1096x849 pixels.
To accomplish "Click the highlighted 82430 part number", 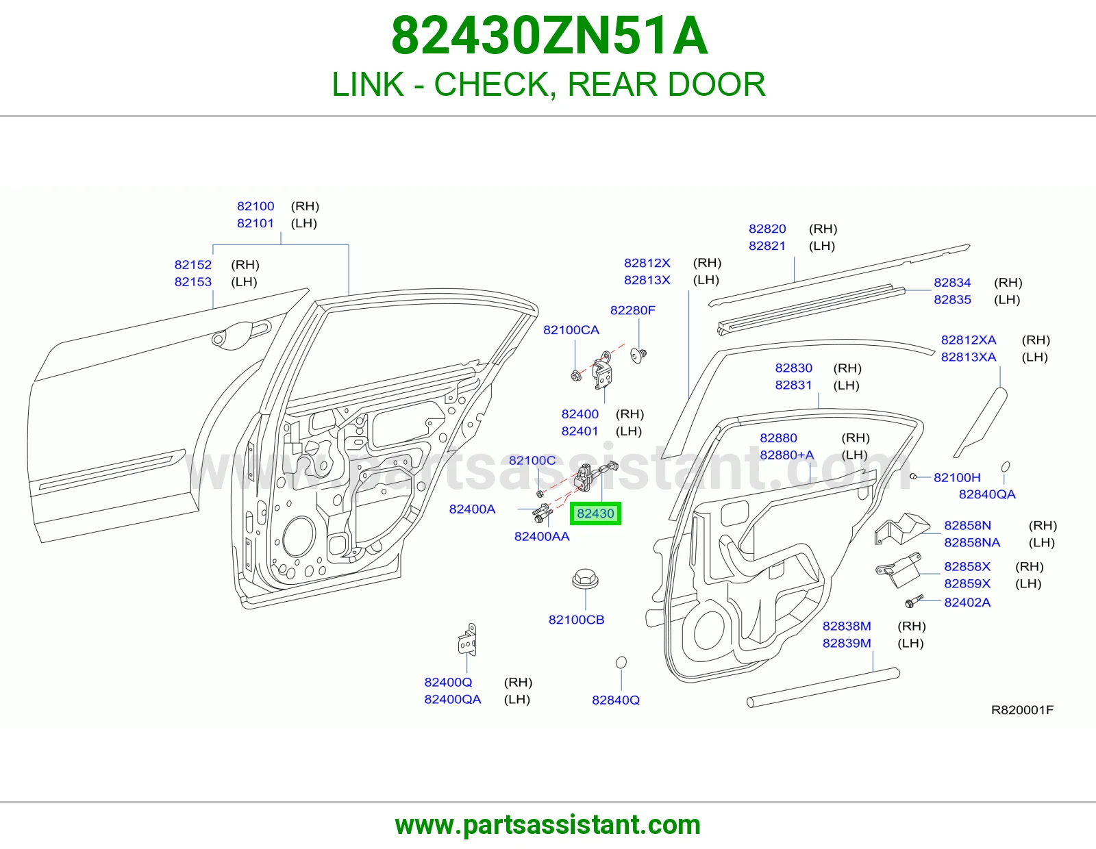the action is pyautogui.click(x=595, y=514).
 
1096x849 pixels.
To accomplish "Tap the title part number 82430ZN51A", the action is pyautogui.click(x=549, y=36).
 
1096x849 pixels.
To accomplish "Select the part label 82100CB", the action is pyautogui.click(x=577, y=620).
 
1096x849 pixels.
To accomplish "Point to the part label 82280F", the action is pyautogui.click(x=632, y=310).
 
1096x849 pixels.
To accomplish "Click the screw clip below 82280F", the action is pyautogui.click(x=638, y=355).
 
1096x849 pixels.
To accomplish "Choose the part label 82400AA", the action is pyautogui.click(x=542, y=536).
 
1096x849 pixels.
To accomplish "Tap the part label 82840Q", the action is pyautogui.click(x=616, y=700).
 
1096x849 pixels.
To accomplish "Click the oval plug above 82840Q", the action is pyautogui.click(x=621, y=662).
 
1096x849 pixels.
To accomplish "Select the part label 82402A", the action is pyautogui.click(x=967, y=602).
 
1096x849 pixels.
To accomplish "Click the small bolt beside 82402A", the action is pyautogui.click(x=914, y=601).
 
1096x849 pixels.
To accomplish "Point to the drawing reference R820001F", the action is pyautogui.click(x=1022, y=710).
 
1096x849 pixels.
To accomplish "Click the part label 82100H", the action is pyautogui.click(x=958, y=477).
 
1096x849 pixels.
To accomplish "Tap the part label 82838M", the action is pyautogui.click(x=847, y=626).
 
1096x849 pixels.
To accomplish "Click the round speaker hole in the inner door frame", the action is pyautogui.click(x=299, y=537).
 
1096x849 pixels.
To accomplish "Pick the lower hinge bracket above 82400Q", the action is pyautogui.click(x=468, y=639).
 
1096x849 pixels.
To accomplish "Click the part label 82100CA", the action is pyautogui.click(x=571, y=330).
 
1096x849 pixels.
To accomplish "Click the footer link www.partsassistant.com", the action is pyautogui.click(x=548, y=825).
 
